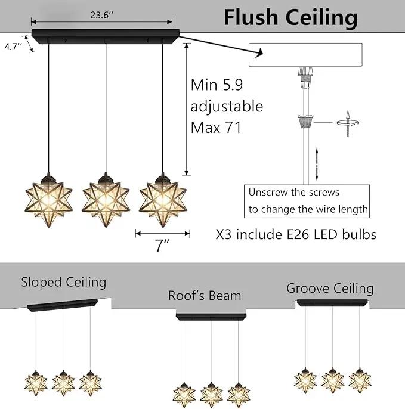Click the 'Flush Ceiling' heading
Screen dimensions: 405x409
pyautogui.click(x=290, y=18)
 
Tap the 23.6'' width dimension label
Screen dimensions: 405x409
pyautogui.click(x=102, y=15)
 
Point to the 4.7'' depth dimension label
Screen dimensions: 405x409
pyautogui.click(x=13, y=47)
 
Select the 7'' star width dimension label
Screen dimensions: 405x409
pyautogui.click(x=162, y=245)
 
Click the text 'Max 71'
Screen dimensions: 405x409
pyautogui.click(x=216, y=128)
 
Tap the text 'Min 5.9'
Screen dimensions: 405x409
pyautogui.click(x=217, y=85)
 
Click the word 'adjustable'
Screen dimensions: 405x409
pyautogui.click(x=227, y=106)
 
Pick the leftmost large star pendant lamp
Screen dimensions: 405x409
pyautogui.click(x=49, y=200)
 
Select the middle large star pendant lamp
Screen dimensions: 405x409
pyautogui.click(x=106, y=200)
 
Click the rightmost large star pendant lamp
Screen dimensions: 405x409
pyautogui.click(x=163, y=200)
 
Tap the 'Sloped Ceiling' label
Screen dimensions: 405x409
pyautogui.click(x=64, y=282)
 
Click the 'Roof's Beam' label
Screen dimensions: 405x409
pyautogui.click(x=205, y=296)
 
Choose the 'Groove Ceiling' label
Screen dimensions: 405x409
pyautogui.click(x=330, y=289)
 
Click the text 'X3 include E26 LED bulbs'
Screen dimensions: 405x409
pyautogui.click(x=296, y=234)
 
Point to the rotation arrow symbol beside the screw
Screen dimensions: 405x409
pyautogui.click(x=348, y=123)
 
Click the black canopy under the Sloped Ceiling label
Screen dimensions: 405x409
pyautogui.click(x=63, y=305)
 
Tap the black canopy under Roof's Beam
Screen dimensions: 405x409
pyautogui.click(x=211, y=317)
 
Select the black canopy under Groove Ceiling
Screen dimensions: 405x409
pyautogui.click(x=332, y=303)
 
